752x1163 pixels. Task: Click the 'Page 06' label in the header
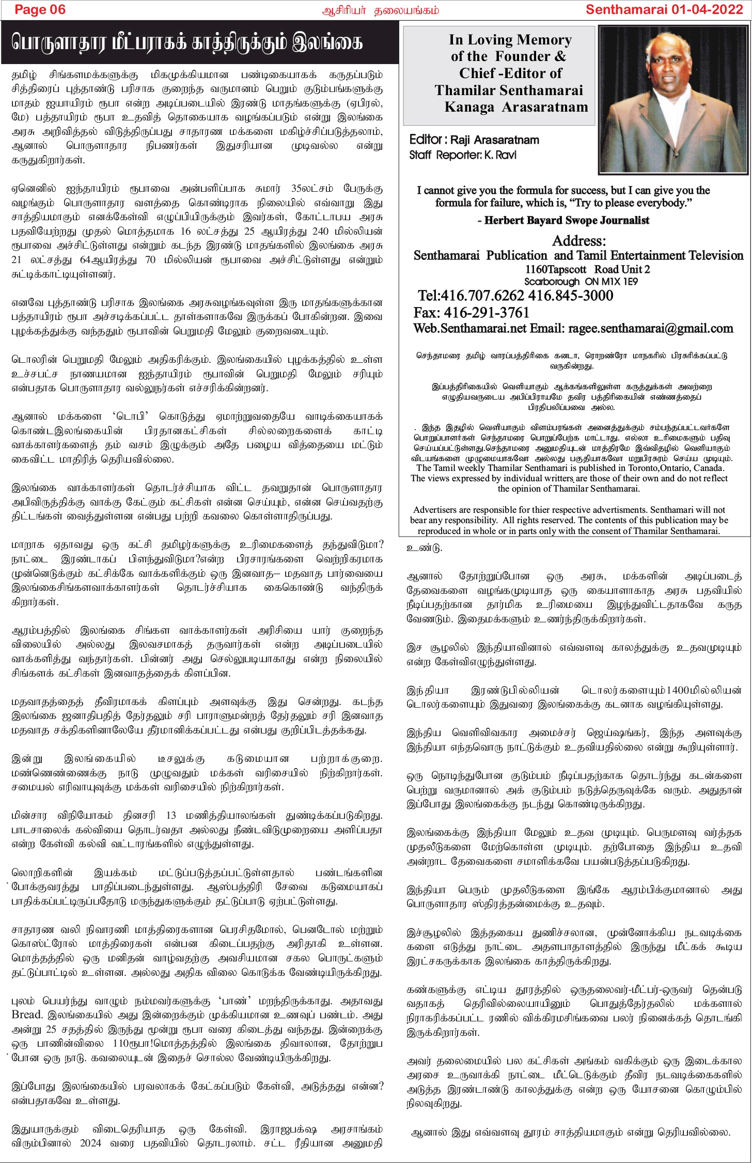coord(40,9)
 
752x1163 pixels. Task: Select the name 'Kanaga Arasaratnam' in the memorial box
coord(516,107)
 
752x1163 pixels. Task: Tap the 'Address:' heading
coord(579,240)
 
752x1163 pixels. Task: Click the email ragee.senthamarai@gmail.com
coord(651,329)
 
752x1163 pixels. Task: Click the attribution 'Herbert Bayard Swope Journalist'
coord(567,220)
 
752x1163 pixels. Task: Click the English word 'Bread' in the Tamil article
coord(25,1014)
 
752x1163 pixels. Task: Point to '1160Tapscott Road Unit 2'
coord(587,269)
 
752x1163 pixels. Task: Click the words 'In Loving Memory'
coord(510,40)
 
